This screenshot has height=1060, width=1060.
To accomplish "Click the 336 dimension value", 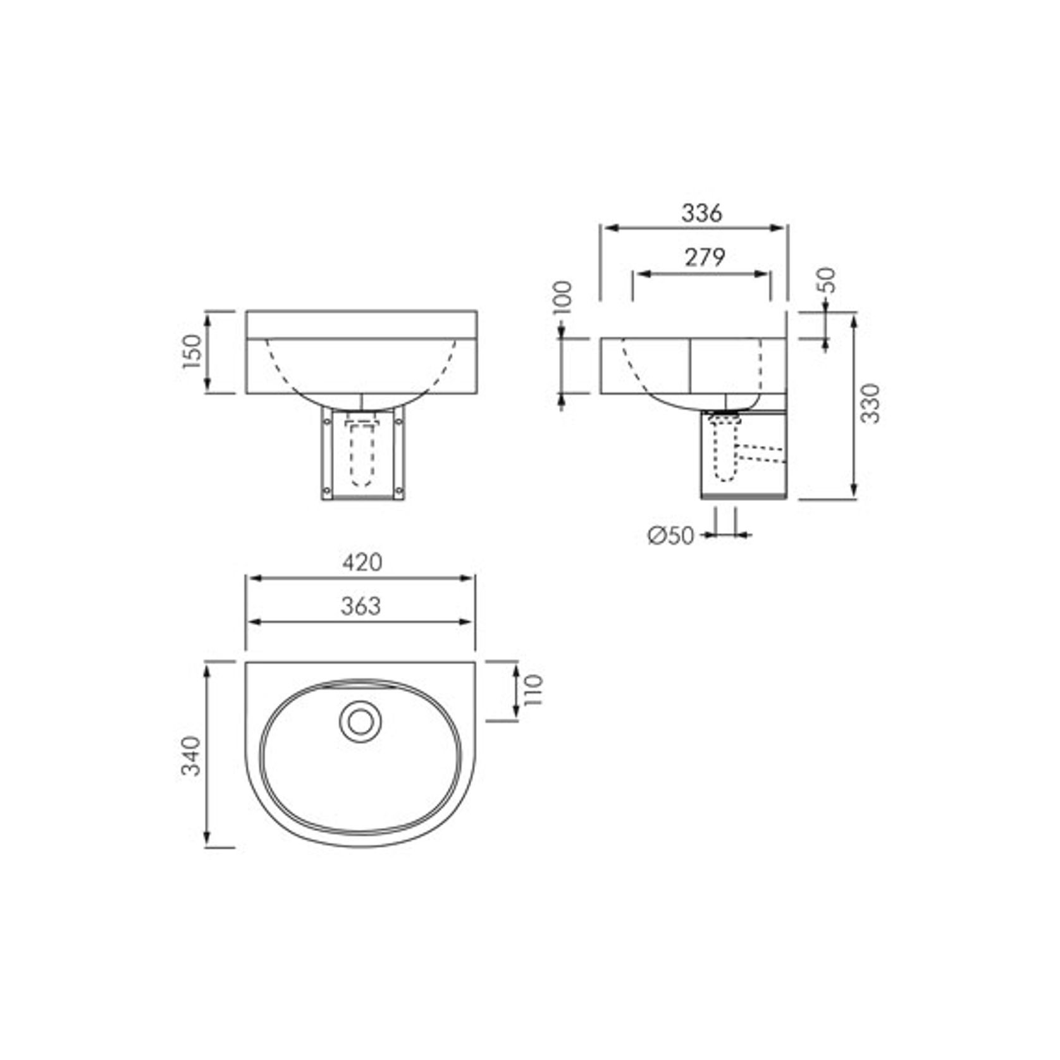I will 701,214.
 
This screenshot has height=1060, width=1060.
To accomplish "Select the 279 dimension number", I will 704,257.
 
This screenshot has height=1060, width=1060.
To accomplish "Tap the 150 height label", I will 192,352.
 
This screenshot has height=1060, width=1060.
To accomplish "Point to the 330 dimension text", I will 871,404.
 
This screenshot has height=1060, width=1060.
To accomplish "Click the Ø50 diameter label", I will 670,536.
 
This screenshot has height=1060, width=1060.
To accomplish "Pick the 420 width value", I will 362,562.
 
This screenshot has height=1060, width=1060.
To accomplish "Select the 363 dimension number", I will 361,606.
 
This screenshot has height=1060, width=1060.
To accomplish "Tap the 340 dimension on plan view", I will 191,755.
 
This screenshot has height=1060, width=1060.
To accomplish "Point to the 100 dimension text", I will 562,297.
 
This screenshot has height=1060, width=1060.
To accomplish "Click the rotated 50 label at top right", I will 826,280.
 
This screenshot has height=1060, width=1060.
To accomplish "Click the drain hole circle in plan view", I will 361,722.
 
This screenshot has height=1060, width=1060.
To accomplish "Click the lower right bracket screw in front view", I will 398,491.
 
